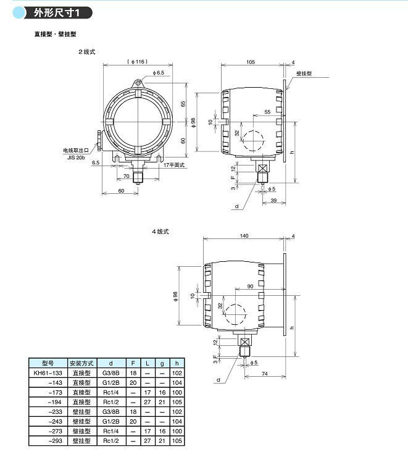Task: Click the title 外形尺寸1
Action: pos(56,13)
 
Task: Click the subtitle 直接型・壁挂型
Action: pos(56,34)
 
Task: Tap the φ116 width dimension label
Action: pos(138,62)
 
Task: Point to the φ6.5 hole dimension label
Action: pos(158,72)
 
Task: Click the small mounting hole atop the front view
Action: pos(138,82)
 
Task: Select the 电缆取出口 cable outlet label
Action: pos(76,150)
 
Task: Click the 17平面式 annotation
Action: pos(174,165)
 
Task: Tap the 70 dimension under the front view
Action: pos(127,176)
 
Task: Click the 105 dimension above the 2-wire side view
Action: pos(251,62)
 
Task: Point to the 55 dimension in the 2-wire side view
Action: pos(267,112)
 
